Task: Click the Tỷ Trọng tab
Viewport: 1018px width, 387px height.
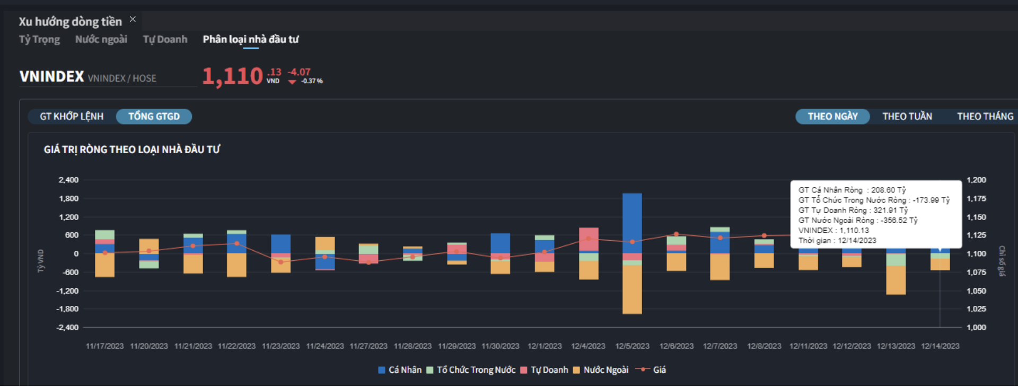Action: point(39,39)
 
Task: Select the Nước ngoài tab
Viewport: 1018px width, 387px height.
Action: point(101,39)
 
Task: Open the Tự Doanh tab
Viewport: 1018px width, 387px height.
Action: point(165,39)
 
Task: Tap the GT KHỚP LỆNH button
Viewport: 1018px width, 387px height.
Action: point(72,116)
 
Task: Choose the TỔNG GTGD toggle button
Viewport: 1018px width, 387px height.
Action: point(154,116)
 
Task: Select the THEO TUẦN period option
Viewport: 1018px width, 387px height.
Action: point(907,116)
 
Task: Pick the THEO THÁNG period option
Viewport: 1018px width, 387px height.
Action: point(985,116)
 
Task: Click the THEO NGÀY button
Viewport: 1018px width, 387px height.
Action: point(832,116)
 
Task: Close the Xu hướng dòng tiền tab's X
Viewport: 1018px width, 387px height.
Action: point(133,19)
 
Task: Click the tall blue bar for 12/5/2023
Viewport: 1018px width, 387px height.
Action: point(632,223)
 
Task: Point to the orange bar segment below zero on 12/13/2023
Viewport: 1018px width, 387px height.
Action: point(896,280)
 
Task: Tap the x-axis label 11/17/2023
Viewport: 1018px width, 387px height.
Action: point(104,346)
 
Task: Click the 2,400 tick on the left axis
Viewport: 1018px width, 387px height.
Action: point(68,180)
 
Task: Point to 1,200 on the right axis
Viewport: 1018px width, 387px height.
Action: point(976,180)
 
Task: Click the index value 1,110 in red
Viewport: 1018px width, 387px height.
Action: point(232,76)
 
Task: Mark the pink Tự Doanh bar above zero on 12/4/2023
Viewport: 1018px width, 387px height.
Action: point(589,239)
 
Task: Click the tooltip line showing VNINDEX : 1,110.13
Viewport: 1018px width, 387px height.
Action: point(833,231)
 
